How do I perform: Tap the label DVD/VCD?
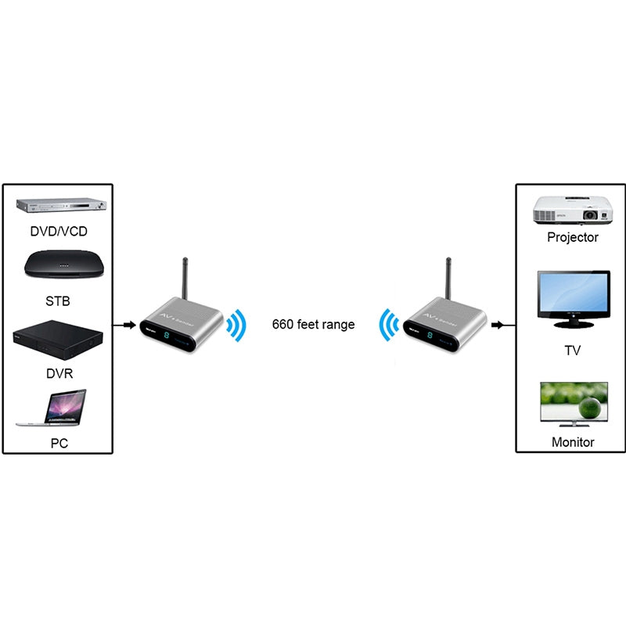point(59,232)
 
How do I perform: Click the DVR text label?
point(59,374)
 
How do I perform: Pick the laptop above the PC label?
point(53,408)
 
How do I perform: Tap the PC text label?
point(59,443)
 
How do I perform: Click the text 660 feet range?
point(313,324)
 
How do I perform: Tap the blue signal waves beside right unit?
point(389,326)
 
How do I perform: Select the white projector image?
point(572,209)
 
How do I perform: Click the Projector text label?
point(573,237)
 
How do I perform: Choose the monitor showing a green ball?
point(574,404)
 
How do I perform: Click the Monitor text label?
point(573,442)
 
